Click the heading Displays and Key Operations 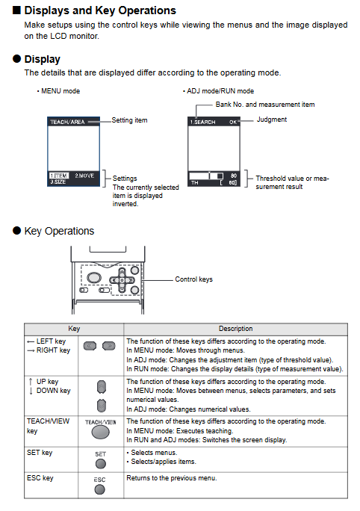pyautogui.click(x=100, y=10)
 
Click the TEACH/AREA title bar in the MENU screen pyautogui.click(x=73, y=122)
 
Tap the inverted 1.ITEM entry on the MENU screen pyautogui.click(x=59, y=176)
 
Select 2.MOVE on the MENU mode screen pyautogui.click(x=84, y=176)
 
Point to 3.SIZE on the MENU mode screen pyautogui.click(x=58, y=182)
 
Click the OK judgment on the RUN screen pyautogui.click(x=233, y=122)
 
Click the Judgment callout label pyautogui.click(x=272, y=120)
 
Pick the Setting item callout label pyautogui.click(x=129, y=120)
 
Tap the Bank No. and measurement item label pyautogui.click(x=265, y=105)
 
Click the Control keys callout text pyautogui.click(x=194, y=279)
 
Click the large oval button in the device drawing pyautogui.click(x=94, y=278)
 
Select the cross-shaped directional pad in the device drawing pyautogui.click(x=122, y=280)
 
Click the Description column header pyautogui.click(x=235, y=329)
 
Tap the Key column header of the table pyautogui.click(x=74, y=329)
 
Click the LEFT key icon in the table pyautogui.click(x=90, y=346)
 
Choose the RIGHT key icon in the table pyautogui.click(x=109, y=346)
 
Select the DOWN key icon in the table pyautogui.click(x=102, y=406)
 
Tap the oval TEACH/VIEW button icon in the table pyautogui.click(x=101, y=433)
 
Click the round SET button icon pyautogui.click(x=101, y=463)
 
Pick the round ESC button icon pyautogui.click(x=99, y=489)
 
